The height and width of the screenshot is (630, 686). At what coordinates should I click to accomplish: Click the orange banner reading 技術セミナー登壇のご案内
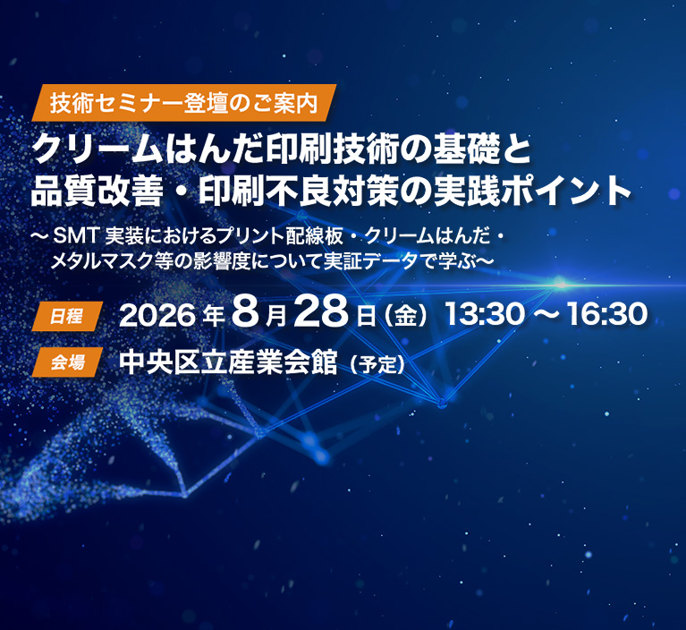pos(183,103)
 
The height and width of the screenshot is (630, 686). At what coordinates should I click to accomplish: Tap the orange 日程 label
pos(67,316)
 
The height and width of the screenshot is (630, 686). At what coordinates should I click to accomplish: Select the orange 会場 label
pos(67,362)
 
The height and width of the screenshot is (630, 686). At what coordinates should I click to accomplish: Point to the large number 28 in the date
pos(322,312)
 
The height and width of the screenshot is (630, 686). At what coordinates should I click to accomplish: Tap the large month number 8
pos(246,312)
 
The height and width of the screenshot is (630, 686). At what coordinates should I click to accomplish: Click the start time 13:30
pos(484,314)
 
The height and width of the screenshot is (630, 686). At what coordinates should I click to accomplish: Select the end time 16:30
pos(607,314)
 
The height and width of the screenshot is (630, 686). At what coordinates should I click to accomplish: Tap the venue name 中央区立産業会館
pos(228,362)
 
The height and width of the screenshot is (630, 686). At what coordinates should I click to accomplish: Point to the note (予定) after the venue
pos(377,365)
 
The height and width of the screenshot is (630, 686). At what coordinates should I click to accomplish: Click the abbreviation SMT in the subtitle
pos(77,237)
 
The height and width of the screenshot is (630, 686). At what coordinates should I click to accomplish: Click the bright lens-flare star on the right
pos(560,285)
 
